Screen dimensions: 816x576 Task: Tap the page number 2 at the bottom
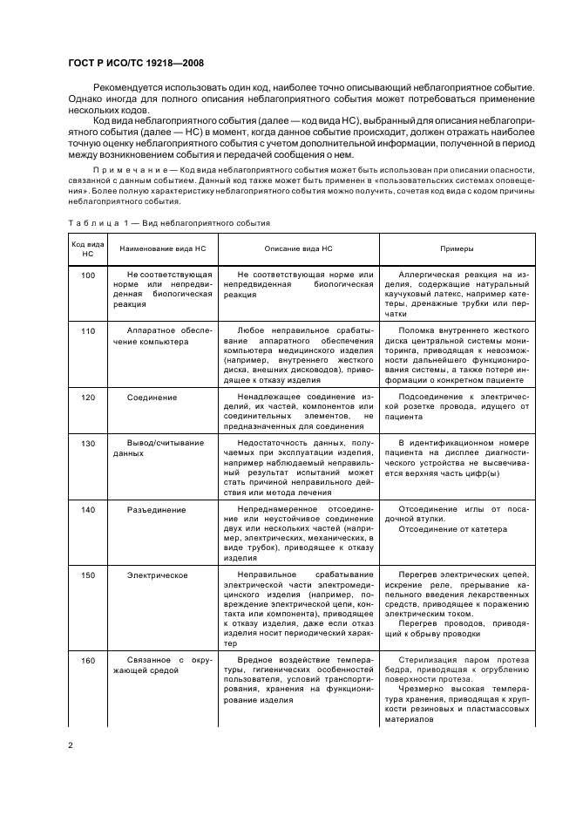[x=71, y=745]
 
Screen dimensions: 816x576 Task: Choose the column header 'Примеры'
[x=457, y=248]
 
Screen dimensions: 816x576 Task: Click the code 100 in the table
[x=87, y=275]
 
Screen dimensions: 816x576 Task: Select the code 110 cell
[x=87, y=331]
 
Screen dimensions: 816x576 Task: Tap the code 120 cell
[x=87, y=398]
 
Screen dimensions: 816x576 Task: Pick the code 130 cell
[x=87, y=443]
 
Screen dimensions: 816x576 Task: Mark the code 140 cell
[x=87, y=508]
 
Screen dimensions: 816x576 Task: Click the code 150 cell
[x=87, y=575]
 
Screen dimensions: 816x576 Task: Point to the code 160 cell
[x=87, y=660]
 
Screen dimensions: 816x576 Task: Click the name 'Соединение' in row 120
[x=152, y=398]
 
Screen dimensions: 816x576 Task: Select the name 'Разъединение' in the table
[x=156, y=508]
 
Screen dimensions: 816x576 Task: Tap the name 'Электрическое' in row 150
[x=157, y=575]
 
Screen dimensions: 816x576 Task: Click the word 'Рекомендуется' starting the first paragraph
[x=131, y=87]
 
